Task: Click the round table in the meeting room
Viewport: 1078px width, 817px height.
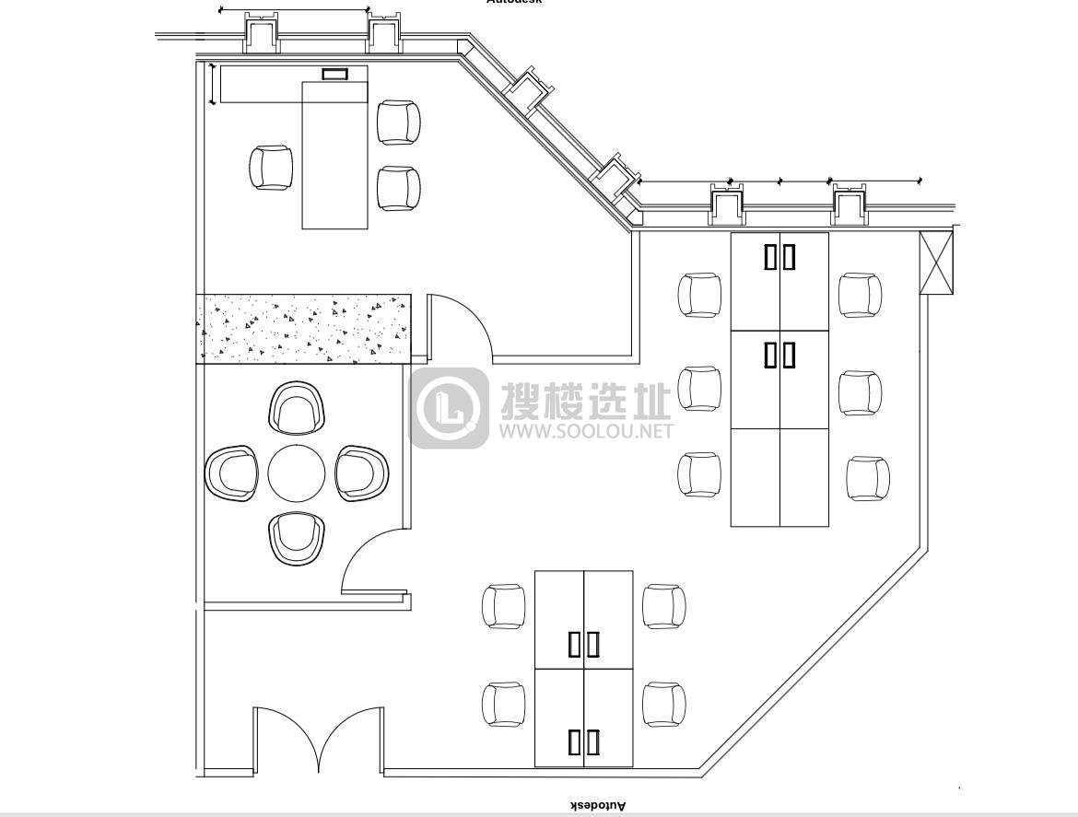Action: tap(297, 473)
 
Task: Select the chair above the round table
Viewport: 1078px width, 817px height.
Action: tap(297, 408)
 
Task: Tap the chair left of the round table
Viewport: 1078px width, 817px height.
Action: tap(231, 473)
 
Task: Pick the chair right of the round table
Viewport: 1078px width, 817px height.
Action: tap(362, 473)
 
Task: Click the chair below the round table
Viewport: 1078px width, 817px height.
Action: tap(297, 539)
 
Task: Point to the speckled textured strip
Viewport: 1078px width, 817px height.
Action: tap(303, 329)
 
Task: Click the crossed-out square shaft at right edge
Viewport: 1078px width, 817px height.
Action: tap(938, 263)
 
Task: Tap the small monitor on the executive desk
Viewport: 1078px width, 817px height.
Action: tap(334, 74)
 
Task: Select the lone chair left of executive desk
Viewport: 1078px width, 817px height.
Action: tap(271, 168)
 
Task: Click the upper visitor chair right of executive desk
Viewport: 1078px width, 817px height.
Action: tap(399, 123)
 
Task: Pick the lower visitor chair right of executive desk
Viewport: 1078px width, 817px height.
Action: tap(399, 188)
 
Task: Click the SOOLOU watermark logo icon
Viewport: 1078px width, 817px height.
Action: tap(450, 408)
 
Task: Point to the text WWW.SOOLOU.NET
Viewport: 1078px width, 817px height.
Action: tap(587, 430)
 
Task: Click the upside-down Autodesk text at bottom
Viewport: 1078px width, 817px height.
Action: tap(596, 806)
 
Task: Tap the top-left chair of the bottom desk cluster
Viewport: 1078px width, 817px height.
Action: tap(504, 606)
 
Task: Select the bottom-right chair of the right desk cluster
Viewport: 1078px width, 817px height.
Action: tap(868, 478)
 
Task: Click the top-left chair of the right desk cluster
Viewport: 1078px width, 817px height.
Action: tap(700, 295)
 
